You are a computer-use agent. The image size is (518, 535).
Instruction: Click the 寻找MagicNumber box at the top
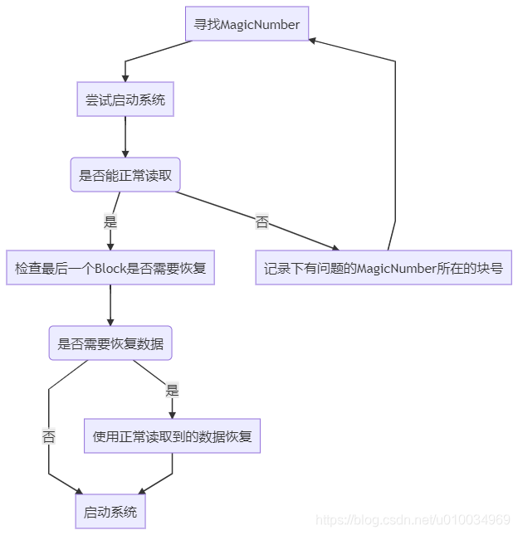pos(247,24)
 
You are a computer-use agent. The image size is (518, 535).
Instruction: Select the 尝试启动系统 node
pos(125,100)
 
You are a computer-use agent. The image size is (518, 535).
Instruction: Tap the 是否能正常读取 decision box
pos(125,175)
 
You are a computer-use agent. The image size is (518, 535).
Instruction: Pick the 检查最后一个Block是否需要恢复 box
pos(110,268)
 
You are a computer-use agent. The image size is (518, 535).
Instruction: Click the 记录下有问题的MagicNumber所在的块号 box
pos(384,268)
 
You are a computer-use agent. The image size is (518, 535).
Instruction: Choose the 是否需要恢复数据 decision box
pos(110,343)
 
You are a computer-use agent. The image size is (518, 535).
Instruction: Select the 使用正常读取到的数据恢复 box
pos(172,435)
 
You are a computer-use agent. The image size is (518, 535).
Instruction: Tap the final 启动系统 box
pos(110,512)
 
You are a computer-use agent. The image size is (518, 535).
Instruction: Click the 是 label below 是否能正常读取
pos(110,221)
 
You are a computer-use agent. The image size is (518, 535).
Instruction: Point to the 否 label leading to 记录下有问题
pos(262,221)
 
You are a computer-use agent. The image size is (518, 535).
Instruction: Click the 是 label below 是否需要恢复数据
pos(172,390)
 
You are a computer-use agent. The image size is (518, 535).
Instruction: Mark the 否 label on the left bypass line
pos(49,436)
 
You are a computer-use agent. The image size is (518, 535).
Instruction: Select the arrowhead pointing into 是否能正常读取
pos(125,153)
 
